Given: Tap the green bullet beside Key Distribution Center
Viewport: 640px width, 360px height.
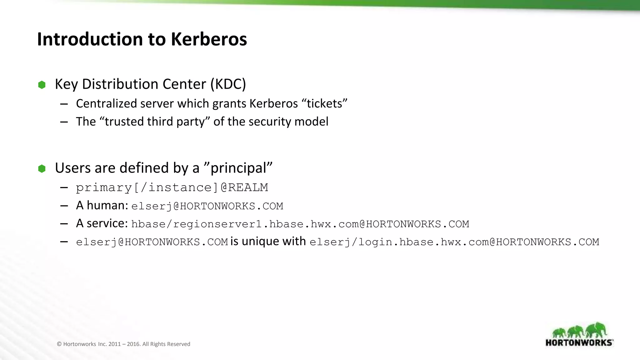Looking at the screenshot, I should (42, 85).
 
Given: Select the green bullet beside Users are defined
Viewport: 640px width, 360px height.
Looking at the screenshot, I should (42, 169).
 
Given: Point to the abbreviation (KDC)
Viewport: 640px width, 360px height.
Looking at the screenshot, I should (228, 84).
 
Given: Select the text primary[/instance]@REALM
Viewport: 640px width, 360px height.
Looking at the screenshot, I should (172, 187).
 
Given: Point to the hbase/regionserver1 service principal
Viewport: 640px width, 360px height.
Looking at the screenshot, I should (300, 224).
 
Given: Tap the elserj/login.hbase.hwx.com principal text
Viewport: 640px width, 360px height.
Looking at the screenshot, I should (454, 242).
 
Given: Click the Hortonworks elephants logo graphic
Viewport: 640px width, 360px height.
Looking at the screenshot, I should (579, 331).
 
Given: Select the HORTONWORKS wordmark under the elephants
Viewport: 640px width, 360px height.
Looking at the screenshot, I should (579, 342).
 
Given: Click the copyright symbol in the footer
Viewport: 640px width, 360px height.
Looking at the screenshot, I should (59, 344).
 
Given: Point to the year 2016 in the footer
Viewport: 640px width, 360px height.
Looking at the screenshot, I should (133, 344).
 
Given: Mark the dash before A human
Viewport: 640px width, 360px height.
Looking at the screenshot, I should (64, 206).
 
